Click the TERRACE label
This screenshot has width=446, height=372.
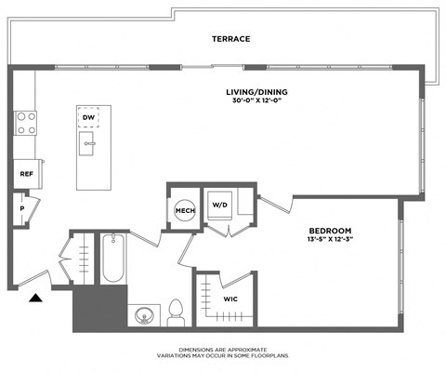point(231,39)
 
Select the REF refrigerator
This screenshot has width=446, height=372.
point(26,174)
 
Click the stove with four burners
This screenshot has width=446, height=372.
point(25,123)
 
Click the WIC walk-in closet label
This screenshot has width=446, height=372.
point(231,299)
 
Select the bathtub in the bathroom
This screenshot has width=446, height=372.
point(112,259)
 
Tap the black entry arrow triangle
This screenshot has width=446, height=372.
point(35,298)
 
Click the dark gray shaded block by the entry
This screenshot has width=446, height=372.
point(98,307)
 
